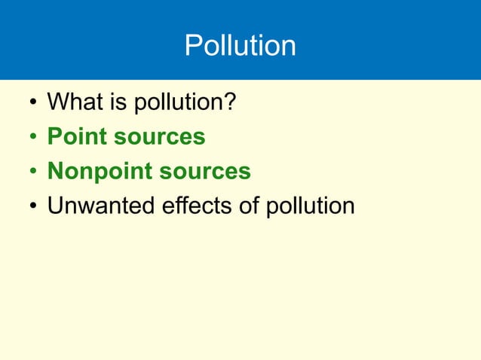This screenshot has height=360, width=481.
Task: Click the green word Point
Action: coord(74,137)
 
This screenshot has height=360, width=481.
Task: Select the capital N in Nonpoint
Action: coord(55,172)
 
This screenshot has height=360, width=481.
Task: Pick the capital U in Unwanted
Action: coord(55,206)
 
